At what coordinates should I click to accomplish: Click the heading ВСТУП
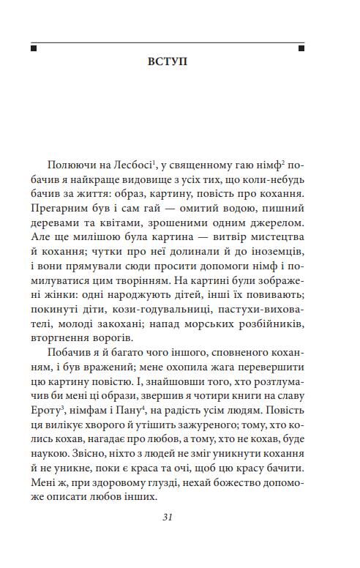tap(167, 61)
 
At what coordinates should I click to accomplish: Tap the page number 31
tap(168, 517)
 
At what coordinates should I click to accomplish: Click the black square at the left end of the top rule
tap(34, 48)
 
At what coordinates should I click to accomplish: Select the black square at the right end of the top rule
tap(301, 48)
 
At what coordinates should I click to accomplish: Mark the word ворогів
tap(111, 332)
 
